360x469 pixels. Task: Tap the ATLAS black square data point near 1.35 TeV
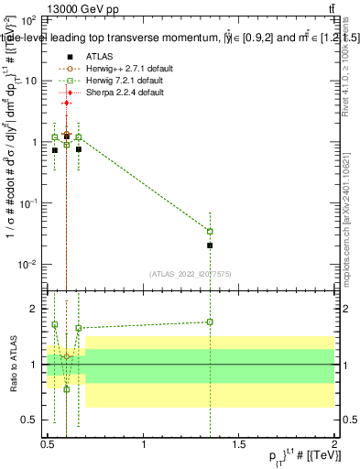[210, 245]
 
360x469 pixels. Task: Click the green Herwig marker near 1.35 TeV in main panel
[210, 232]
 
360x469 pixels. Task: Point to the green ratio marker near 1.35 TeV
[210, 322]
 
